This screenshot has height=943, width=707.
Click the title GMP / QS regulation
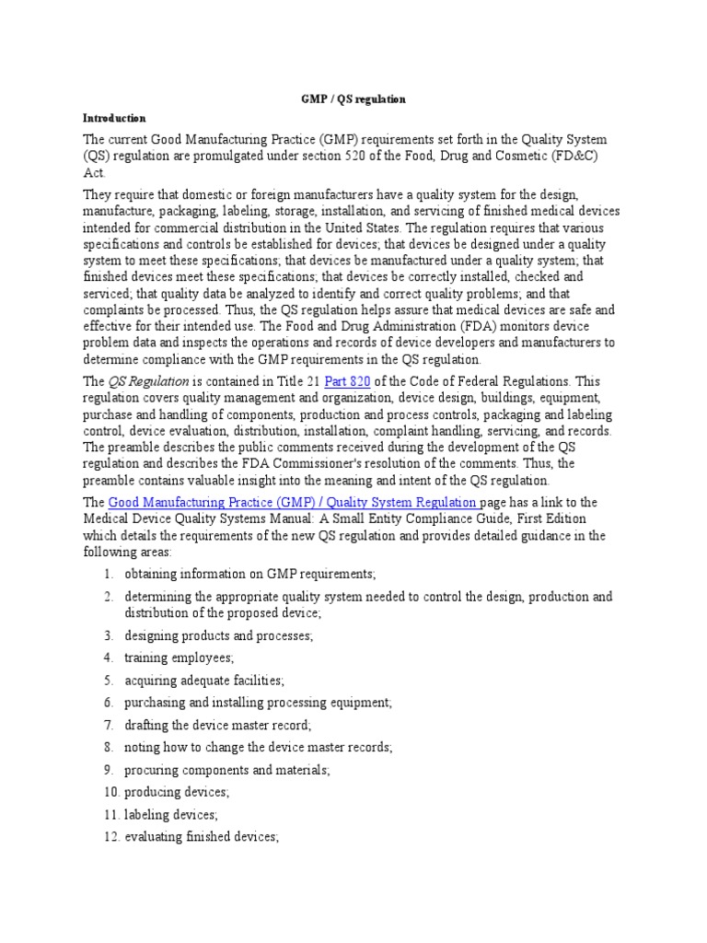click(354, 99)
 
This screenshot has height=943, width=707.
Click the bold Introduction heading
click(115, 118)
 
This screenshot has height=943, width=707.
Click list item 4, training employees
click(179, 658)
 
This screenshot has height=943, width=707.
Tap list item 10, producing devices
click(177, 792)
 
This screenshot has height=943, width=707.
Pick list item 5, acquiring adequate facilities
click(204, 681)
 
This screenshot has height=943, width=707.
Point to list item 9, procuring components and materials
click(226, 770)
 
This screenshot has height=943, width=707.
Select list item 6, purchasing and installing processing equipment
click(258, 703)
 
